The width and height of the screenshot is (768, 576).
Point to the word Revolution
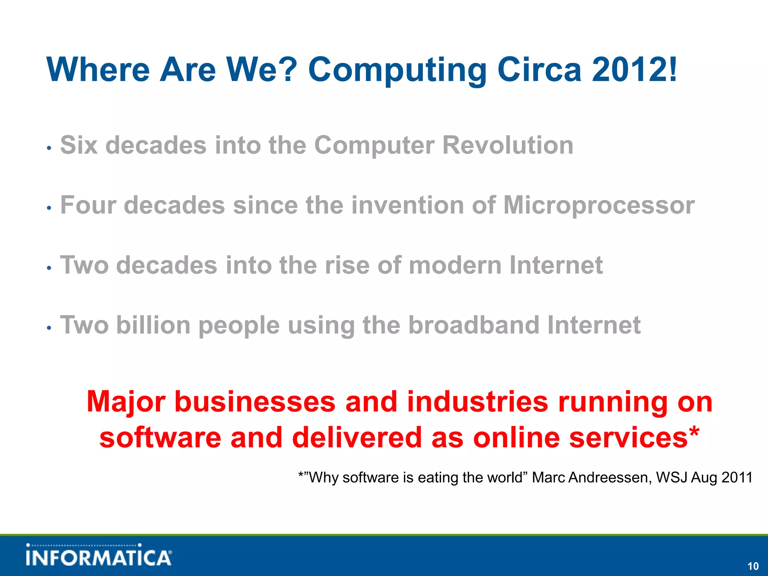[508, 145]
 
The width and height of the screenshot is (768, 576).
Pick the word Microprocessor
[598, 205]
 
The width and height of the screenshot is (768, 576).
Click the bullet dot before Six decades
[49, 148]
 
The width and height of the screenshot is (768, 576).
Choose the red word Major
[126, 402]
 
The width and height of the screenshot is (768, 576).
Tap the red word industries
[477, 402]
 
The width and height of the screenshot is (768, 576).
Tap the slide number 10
[753, 566]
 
